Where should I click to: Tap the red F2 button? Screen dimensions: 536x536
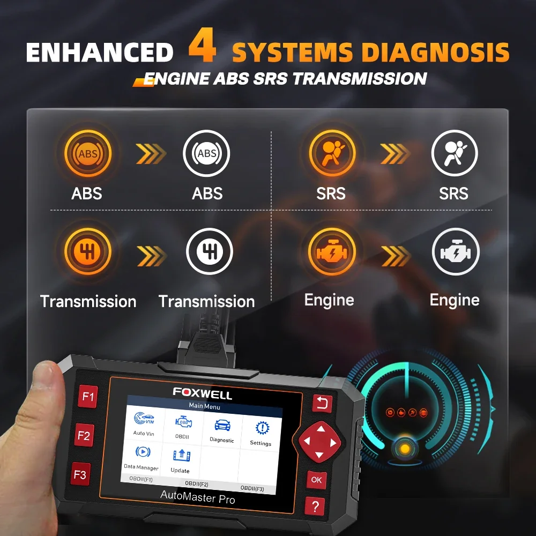tap(84, 435)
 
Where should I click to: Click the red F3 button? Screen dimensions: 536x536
tap(81, 474)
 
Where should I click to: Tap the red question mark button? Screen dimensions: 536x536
tap(315, 506)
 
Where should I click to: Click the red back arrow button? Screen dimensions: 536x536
tap(322, 404)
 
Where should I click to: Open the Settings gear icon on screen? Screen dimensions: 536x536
tap(262, 428)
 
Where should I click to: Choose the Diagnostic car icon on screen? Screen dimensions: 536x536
tap(222, 425)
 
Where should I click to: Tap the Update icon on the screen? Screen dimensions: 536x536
tap(182, 455)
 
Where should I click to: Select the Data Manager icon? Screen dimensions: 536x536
tap(143, 452)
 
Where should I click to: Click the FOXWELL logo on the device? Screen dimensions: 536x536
tap(203, 393)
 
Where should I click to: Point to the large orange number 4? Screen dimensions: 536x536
tap(203, 45)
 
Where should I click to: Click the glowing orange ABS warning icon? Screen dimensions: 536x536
tap(88, 153)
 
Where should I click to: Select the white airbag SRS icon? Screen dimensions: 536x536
tap(455, 153)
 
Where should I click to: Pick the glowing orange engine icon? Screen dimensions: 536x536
tap(332, 252)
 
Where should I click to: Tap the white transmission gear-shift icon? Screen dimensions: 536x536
tap(210, 251)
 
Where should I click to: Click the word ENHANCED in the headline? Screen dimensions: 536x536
tap(100, 53)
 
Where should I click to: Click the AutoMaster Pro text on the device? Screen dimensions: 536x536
tap(198, 497)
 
